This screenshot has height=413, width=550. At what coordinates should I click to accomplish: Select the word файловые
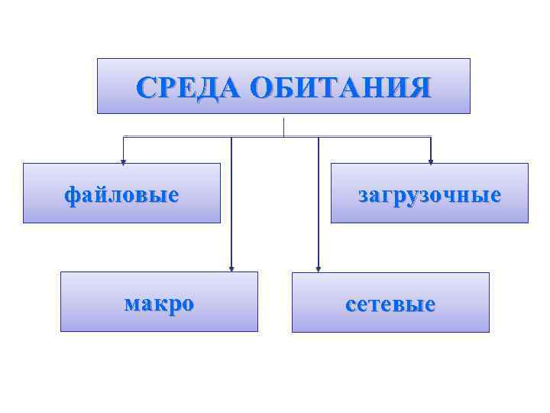pos(121,195)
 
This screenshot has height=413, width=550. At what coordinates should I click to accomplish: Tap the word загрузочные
pos(429,195)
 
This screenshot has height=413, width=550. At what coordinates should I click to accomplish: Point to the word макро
pos(159,304)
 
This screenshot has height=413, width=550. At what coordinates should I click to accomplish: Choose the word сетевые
pos(390,304)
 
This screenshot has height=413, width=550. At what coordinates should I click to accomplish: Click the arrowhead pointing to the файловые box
pos(124,161)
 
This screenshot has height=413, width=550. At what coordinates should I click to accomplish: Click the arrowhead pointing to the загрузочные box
pos(431,161)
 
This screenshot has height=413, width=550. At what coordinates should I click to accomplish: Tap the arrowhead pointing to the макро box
pos(231,268)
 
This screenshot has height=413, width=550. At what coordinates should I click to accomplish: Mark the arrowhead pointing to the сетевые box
pos(319,268)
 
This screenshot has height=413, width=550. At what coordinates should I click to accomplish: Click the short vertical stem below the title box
pos(283,127)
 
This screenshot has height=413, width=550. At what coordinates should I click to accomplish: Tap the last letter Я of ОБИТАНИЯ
pos(421,88)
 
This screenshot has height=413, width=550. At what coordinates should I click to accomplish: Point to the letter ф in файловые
pos(71,196)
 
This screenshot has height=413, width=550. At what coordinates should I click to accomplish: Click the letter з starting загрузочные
pos(364,195)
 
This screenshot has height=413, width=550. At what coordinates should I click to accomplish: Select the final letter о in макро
pos(187,304)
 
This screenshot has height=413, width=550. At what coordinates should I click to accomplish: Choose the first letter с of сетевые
pos(351,305)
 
